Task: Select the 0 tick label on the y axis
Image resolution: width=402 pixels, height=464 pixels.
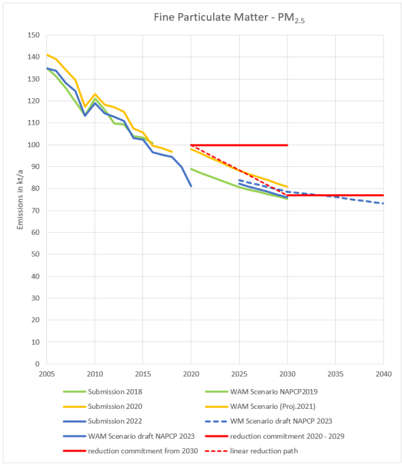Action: tap(37, 363)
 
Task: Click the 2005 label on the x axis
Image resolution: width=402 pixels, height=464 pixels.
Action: tap(46, 374)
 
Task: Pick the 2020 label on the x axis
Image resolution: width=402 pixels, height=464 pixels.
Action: tap(191, 374)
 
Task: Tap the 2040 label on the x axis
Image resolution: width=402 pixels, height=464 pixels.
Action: tap(383, 374)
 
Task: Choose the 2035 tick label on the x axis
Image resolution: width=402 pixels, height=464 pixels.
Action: tap(335, 374)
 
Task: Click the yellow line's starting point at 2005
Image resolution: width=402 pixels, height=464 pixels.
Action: tap(46, 55)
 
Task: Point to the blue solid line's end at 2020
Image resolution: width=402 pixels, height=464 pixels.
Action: tap(191, 186)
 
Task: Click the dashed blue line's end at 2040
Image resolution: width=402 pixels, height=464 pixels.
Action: tap(383, 203)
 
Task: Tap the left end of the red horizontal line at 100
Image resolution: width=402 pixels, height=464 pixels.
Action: tap(191, 145)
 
